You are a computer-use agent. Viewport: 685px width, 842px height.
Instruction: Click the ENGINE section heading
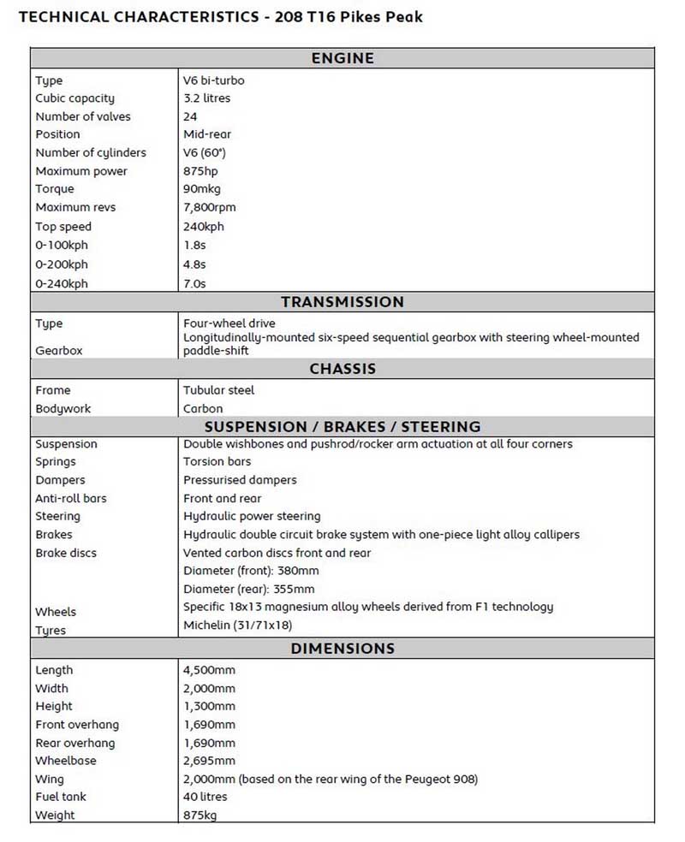click(x=342, y=58)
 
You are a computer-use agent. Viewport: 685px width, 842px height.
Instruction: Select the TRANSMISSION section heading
click(x=342, y=302)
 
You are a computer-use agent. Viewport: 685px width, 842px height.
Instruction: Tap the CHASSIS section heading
click(x=342, y=369)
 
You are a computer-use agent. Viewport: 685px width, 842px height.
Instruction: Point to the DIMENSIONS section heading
click(x=342, y=649)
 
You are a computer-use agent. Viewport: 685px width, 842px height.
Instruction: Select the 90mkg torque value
click(x=201, y=189)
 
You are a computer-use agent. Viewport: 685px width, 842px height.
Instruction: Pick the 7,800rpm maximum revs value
click(x=209, y=207)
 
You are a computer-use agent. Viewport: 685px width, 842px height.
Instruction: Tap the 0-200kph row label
click(x=61, y=264)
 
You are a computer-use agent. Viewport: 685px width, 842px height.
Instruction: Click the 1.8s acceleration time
click(x=194, y=246)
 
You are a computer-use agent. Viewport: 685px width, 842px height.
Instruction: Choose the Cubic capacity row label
click(x=74, y=98)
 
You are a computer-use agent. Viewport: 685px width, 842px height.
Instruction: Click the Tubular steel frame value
click(x=218, y=390)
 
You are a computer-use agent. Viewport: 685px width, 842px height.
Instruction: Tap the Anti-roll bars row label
click(x=71, y=498)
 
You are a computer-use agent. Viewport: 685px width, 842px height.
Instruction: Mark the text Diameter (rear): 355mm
click(x=248, y=589)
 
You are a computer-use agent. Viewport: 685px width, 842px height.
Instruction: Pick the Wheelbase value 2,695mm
click(x=209, y=761)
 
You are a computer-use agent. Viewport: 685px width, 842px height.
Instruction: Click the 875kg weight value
click(x=200, y=815)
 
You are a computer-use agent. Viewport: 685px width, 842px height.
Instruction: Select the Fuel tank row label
click(x=61, y=797)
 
